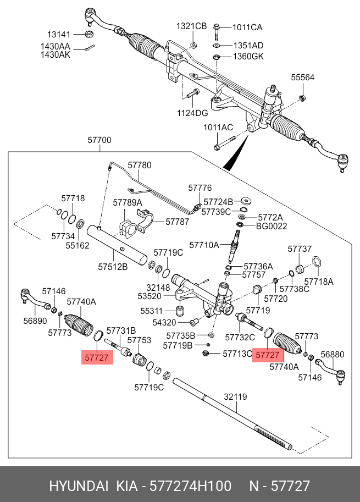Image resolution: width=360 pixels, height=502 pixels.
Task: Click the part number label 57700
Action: tap(99, 141)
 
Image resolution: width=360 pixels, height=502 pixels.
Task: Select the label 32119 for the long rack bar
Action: tap(236, 396)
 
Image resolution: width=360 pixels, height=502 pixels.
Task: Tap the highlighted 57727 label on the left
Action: tap(98, 358)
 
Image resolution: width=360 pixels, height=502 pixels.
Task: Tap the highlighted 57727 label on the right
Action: tap(268, 355)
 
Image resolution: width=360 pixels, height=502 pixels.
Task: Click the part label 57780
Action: tap(140, 165)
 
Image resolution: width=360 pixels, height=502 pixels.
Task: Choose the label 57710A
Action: tap(204, 244)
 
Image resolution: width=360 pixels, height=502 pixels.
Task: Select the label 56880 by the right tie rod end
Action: tap(333, 355)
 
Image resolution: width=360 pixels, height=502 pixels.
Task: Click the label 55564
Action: tap(303, 78)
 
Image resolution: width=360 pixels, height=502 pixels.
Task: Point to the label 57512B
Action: tap(113, 267)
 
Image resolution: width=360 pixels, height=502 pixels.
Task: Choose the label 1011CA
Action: tap(247, 27)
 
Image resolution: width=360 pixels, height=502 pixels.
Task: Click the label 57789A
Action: tap(128, 202)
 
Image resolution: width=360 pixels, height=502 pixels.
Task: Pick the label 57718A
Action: tap(319, 282)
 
